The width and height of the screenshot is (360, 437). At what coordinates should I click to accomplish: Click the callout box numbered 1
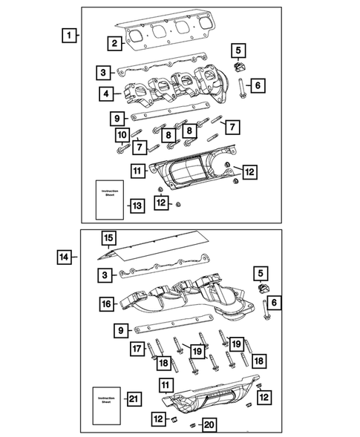pyautogui.click(x=68, y=35)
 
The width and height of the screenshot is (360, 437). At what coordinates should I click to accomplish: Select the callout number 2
pyautogui.click(x=114, y=44)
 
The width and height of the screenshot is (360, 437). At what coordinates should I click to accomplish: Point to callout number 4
pyautogui.click(x=109, y=93)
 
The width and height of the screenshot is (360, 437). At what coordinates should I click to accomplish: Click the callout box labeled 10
pyautogui.click(x=120, y=134)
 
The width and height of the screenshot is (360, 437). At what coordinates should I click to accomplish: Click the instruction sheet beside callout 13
pyautogui.click(x=108, y=200)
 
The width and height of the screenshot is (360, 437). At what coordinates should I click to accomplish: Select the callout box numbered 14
pyautogui.click(x=65, y=257)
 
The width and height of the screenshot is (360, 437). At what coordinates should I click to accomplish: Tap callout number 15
pyautogui.click(x=108, y=238)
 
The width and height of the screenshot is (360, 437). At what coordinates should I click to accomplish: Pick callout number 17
pyautogui.click(x=137, y=349)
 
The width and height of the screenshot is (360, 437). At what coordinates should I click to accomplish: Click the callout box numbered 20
pyautogui.click(x=210, y=424)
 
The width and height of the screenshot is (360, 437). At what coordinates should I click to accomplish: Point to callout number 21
pyautogui.click(x=134, y=400)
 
